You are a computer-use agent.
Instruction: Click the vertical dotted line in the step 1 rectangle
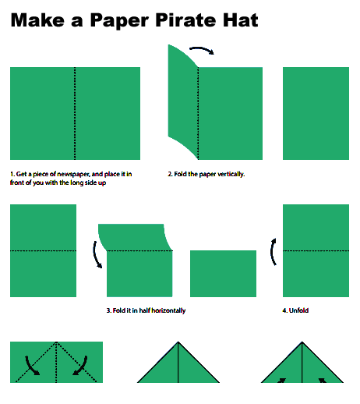click(75, 113)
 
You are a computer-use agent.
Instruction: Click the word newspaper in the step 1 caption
click(79, 174)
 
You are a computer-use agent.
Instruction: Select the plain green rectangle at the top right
click(316, 113)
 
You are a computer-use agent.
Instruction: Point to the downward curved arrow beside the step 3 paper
click(97, 254)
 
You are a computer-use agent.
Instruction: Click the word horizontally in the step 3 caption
click(165, 310)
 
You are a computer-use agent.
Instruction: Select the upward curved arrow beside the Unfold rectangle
click(273, 252)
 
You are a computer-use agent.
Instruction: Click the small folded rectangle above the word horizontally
click(223, 273)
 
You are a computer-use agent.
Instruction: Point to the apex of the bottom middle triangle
click(178, 343)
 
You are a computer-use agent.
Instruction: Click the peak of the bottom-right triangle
click(302, 343)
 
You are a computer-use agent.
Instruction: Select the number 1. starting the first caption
click(12, 174)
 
